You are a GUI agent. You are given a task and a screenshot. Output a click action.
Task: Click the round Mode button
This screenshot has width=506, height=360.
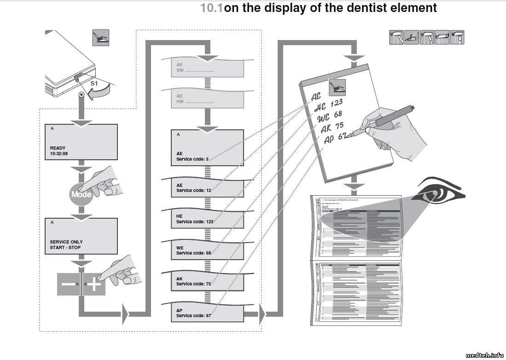[81, 194]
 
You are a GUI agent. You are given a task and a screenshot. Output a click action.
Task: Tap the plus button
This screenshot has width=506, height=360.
[94, 285]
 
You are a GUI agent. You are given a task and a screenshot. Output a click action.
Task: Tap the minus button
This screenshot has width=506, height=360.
[69, 285]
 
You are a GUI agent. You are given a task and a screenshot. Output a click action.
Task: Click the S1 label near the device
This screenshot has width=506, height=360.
[94, 84]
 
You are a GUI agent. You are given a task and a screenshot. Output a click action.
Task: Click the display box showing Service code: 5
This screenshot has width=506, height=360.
[207, 147]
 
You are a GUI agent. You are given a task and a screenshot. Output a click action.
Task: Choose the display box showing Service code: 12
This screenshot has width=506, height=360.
[207, 188]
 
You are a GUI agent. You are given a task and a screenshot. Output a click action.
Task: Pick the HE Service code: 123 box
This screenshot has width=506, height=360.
[207, 219]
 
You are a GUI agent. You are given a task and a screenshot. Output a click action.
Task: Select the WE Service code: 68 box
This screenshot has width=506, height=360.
[207, 250]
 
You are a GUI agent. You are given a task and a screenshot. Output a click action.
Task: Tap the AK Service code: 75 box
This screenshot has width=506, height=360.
[207, 281]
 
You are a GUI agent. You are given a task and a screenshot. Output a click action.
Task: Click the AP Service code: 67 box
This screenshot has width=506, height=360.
[207, 313]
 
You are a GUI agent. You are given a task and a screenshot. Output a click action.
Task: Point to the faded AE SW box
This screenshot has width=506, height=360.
[207, 68]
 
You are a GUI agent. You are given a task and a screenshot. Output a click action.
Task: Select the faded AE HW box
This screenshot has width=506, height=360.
[207, 98]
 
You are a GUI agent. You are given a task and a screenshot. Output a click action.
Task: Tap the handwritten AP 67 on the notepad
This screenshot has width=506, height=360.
[335, 138]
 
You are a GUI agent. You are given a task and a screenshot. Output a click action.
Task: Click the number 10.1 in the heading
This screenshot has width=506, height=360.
[211, 8]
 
